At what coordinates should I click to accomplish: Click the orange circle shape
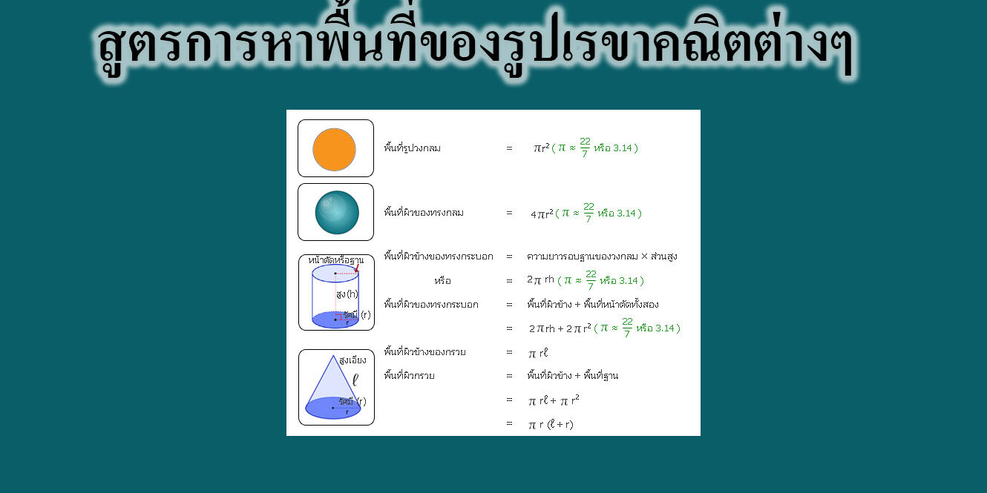pyautogui.click(x=334, y=149)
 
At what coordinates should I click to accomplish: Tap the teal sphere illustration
pyautogui.click(x=337, y=213)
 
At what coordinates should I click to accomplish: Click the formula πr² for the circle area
pyautogui.click(x=542, y=148)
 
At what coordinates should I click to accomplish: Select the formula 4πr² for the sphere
pyautogui.click(x=542, y=214)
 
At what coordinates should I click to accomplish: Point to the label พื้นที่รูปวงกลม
pyautogui.click(x=413, y=148)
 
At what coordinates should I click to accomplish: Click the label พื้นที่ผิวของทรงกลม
pyautogui.click(x=424, y=213)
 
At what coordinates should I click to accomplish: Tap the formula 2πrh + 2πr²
pyautogui.click(x=560, y=328)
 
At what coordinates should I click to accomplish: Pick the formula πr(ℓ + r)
pyautogui.click(x=551, y=425)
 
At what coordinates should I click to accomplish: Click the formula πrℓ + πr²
pyautogui.click(x=554, y=401)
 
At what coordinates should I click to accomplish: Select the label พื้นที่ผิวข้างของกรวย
pyautogui.click(x=425, y=352)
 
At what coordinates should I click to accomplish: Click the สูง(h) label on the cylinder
pyautogui.click(x=347, y=294)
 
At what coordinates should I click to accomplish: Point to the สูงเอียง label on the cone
pyautogui.click(x=352, y=360)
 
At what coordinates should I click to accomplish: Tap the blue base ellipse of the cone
pyautogui.click(x=333, y=408)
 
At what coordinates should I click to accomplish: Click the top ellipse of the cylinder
pyautogui.click(x=335, y=273)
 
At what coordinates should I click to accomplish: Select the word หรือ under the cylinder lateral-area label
pyautogui.click(x=442, y=281)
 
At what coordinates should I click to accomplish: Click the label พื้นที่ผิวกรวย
pyautogui.click(x=409, y=376)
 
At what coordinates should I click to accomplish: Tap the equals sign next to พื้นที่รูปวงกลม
pyautogui.click(x=509, y=148)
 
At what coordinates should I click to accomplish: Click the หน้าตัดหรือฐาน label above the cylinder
pyautogui.click(x=335, y=260)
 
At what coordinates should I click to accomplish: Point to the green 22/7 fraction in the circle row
pyautogui.click(x=585, y=148)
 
